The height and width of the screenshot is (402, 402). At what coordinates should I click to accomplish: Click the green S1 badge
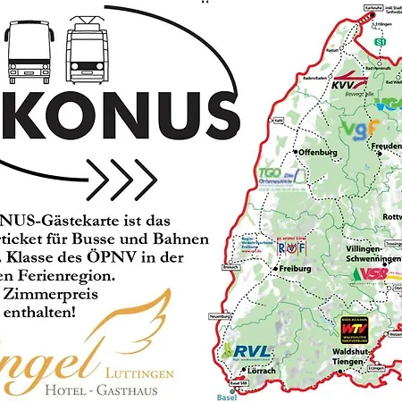[381, 42]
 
